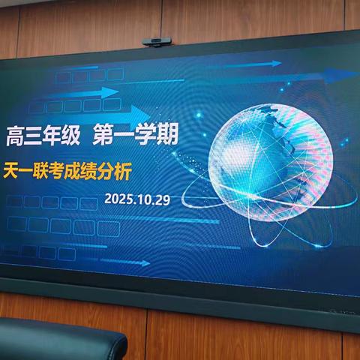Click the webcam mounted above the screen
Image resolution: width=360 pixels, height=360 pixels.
pyautogui.click(x=157, y=40)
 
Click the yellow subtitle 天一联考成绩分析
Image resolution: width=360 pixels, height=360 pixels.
pyautogui.click(x=67, y=172)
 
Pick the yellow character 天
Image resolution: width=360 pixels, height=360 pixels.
pyautogui.click(x=11, y=172)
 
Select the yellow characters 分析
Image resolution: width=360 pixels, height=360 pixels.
pyautogui.click(x=116, y=172)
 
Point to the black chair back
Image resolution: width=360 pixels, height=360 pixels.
pyautogui.click(x=60, y=341)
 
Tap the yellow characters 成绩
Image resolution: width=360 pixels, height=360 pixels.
pyautogui.click(x=83, y=172)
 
